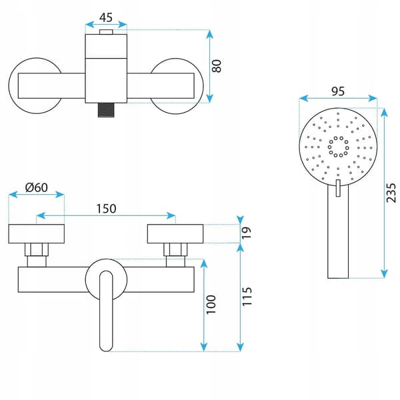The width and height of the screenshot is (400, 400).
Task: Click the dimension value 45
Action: (x=106, y=17)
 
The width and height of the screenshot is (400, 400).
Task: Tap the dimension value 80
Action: (x=217, y=66)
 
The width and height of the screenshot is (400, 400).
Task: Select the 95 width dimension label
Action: (x=338, y=91)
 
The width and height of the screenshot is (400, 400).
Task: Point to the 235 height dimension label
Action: (x=391, y=193)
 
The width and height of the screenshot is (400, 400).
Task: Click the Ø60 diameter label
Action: (x=37, y=188)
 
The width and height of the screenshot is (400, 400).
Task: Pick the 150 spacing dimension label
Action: (x=106, y=209)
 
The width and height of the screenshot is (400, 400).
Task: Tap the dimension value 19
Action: (x=247, y=233)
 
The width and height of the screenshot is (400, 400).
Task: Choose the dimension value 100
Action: (x=211, y=305)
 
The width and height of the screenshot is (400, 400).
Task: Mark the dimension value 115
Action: (x=247, y=297)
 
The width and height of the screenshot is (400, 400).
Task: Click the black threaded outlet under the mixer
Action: (x=106, y=110)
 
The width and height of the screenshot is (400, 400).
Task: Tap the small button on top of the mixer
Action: (x=106, y=32)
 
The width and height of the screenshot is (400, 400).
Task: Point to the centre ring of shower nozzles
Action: (x=338, y=147)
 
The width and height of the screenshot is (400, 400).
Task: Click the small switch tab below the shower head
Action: (x=338, y=188)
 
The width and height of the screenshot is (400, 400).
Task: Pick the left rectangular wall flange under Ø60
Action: (x=37, y=234)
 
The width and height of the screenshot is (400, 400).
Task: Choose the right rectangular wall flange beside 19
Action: (x=175, y=234)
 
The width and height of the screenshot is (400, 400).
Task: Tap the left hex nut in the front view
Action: (x=37, y=249)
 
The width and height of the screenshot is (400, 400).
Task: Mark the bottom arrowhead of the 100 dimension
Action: (x=203, y=347)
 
